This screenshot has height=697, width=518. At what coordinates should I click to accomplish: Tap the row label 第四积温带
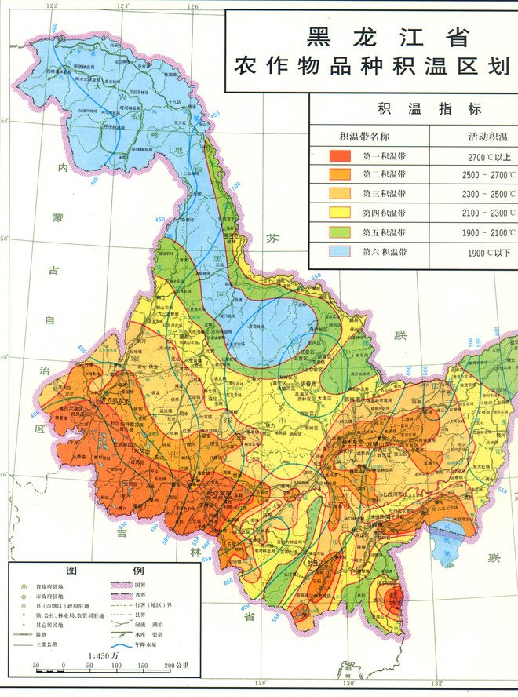click(x=385, y=213)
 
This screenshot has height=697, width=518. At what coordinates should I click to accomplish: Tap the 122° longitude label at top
click(x=52, y=6)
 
